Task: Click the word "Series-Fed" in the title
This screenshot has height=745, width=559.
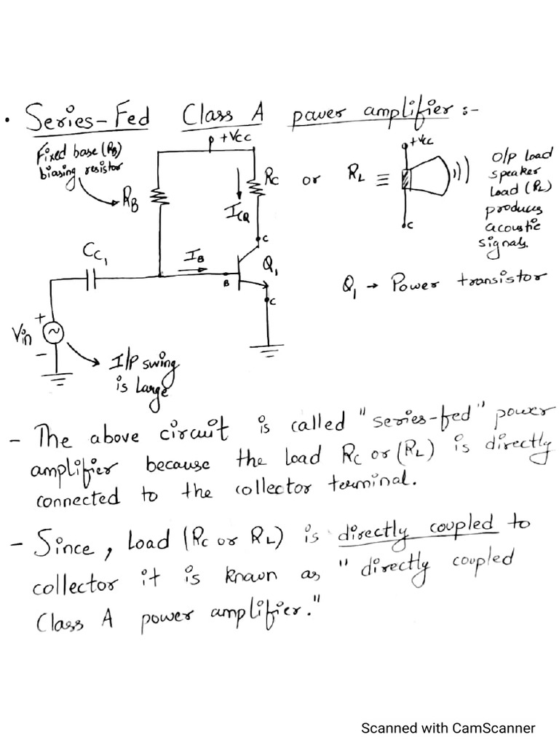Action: point(87,118)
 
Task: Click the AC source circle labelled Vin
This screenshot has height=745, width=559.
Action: point(55,332)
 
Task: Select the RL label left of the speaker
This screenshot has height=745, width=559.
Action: point(357,175)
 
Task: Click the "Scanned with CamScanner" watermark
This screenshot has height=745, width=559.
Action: point(448,728)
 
